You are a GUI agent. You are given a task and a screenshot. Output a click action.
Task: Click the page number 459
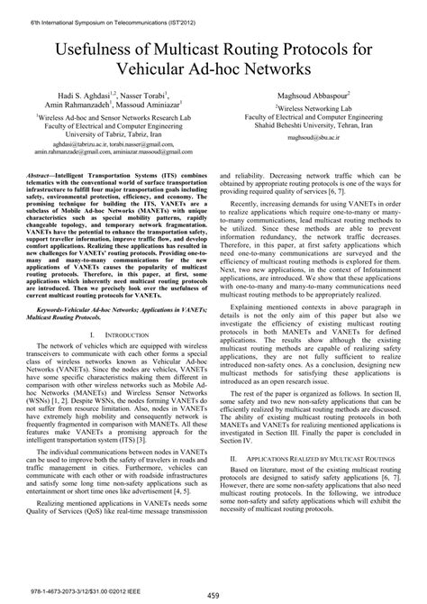pyautogui.click(x=213, y=594)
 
